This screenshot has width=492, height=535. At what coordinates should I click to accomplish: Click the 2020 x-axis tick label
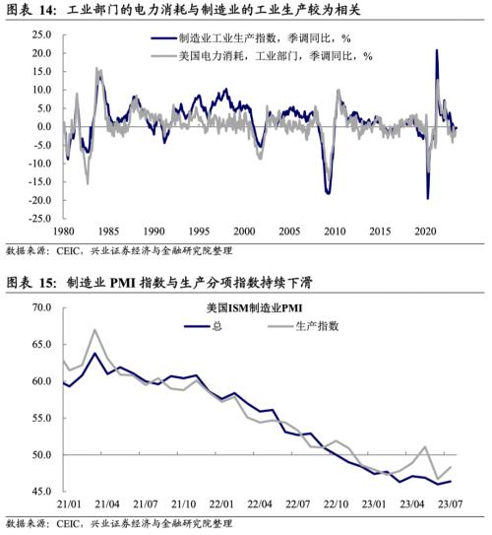(426, 231)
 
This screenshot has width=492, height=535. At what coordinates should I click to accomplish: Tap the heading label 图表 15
(31, 284)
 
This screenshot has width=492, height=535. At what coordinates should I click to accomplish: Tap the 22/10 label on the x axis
(337, 504)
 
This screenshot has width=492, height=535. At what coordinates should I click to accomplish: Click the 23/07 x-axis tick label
(452, 504)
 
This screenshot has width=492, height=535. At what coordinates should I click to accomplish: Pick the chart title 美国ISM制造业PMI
(246, 308)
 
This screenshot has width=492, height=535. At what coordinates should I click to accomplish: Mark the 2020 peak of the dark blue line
(436, 50)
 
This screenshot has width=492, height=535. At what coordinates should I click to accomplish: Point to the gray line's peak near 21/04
(94, 330)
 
